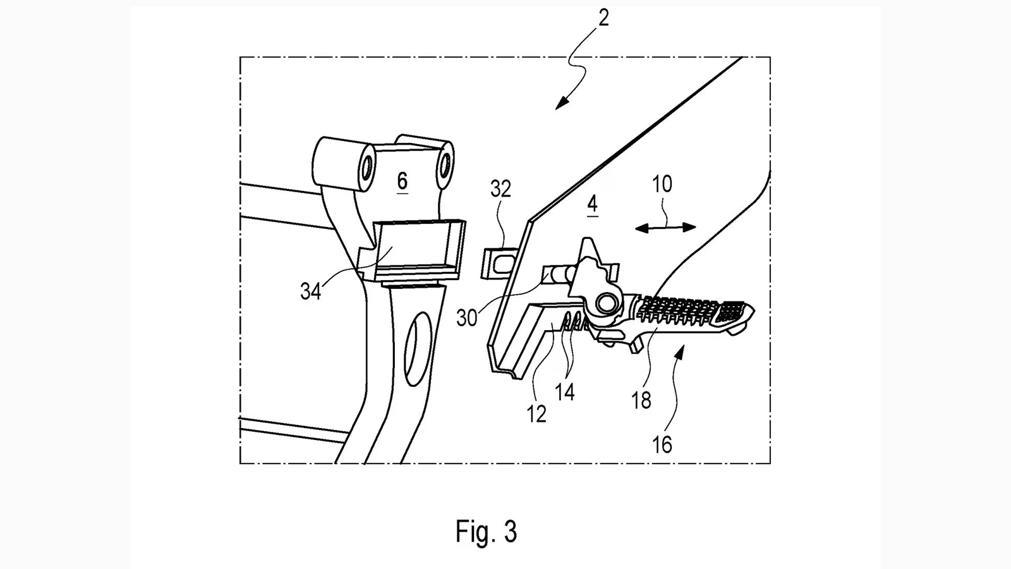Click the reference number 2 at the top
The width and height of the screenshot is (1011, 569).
[603, 18]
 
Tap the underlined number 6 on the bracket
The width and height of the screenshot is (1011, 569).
[402, 181]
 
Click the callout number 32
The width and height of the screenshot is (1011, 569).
[500, 189]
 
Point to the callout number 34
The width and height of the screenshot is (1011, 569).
[310, 291]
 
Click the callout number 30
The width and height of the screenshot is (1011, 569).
[467, 318]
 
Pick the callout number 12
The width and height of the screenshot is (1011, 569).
[536, 413]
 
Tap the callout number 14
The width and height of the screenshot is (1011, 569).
[565, 392]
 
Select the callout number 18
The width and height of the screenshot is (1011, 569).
[641, 400]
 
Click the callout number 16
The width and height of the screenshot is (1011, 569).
[662, 444]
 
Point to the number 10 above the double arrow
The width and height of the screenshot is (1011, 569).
[662, 185]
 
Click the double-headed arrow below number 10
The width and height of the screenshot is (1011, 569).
[665, 228]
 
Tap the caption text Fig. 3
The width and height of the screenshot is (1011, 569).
[486, 532]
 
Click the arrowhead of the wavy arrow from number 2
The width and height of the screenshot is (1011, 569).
[559, 106]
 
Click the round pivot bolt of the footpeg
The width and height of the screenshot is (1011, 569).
[609, 303]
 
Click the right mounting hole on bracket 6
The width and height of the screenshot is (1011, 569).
[445, 163]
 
